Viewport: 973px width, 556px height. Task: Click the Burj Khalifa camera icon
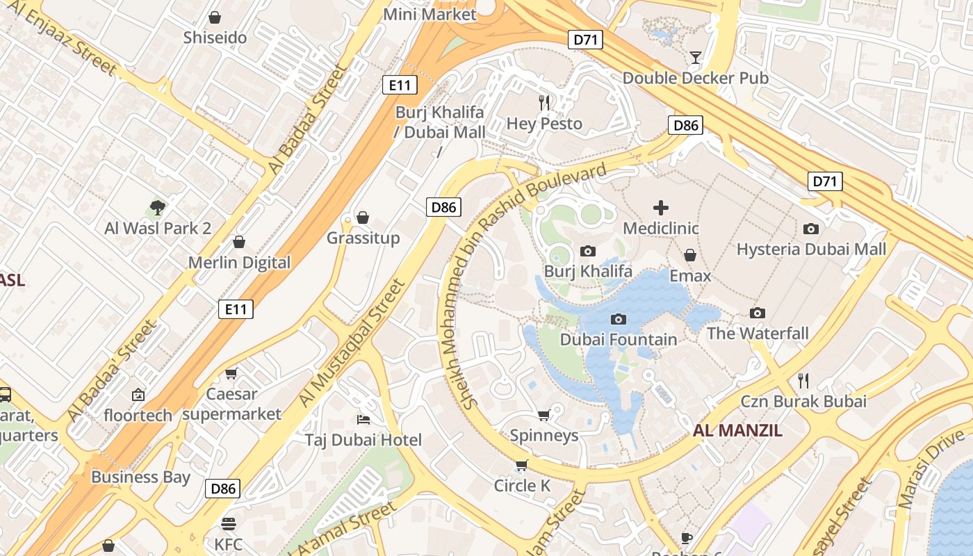[x=588, y=252]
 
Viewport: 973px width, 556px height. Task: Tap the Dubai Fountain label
[x=618, y=340]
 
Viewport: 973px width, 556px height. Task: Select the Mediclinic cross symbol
[x=660, y=208]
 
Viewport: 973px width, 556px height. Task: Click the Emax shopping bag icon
[x=690, y=256]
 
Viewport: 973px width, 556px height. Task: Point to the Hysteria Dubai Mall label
[x=811, y=249]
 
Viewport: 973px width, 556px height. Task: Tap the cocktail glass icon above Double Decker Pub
[x=695, y=57]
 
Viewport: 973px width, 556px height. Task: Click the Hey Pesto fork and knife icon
[x=544, y=103]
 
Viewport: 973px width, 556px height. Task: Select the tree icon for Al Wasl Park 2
[x=158, y=207]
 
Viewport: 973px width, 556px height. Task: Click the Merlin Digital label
[x=239, y=263]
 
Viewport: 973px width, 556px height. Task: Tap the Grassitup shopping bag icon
[x=363, y=218]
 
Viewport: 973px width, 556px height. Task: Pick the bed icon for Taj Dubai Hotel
[x=363, y=419]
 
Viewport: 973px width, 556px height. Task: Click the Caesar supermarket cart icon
[x=231, y=374]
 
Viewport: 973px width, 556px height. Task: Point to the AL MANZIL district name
[x=737, y=430]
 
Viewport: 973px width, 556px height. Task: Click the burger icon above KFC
[x=228, y=523]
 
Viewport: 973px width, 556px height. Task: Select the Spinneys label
[x=544, y=436]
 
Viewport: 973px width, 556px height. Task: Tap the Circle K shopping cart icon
[x=522, y=465]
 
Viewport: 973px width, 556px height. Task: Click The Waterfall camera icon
[x=758, y=313]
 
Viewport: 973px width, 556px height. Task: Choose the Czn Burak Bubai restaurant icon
[x=803, y=380]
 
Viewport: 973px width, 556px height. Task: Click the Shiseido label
[x=215, y=38]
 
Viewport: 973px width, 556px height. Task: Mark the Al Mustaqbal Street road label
[x=351, y=343]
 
